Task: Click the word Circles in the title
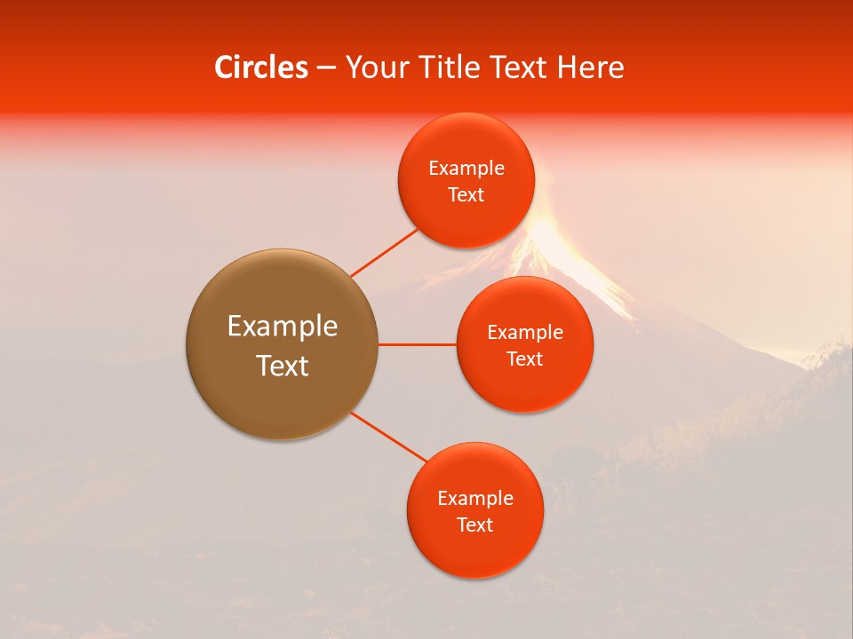(x=260, y=67)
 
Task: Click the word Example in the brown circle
(x=283, y=327)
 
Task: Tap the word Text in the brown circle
(x=283, y=366)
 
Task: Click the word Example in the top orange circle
(x=466, y=169)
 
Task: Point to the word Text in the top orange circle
(x=466, y=195)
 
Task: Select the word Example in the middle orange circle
(x=525, y=333)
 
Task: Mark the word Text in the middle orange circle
(x=525, y=359)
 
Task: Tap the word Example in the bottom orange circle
(x=474, y=499)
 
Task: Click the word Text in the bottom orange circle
(x=474, y=525)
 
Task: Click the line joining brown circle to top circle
(x=385, y=252)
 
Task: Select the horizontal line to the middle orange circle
(x=417, y=344)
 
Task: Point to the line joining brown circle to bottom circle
(x=389, y=437)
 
